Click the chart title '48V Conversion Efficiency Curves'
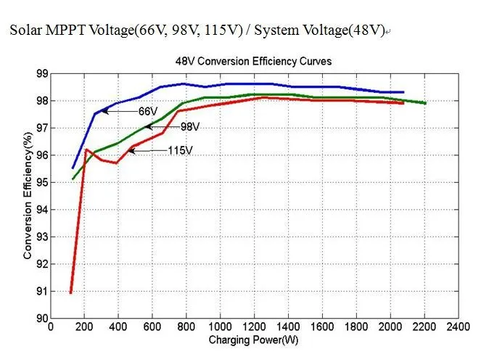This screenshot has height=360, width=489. tap(253, 62)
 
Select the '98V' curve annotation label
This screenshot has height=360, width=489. tap(190, 127)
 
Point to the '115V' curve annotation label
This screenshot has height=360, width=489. tap(180, 150)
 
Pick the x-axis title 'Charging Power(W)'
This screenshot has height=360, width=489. tap(253, 340)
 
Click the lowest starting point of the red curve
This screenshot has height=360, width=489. tap(71, 292)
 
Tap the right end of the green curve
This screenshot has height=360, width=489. tap(424, 103)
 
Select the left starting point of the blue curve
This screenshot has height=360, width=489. tap(73, 168)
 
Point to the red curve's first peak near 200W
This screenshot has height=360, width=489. tap(86, 150)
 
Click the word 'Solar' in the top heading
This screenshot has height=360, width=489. tap(25, 31)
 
